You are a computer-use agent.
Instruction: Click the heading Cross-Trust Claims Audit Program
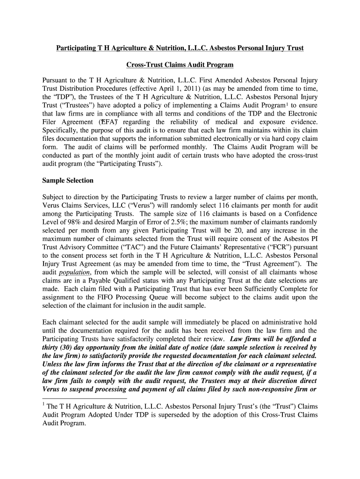tap(180, 64)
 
